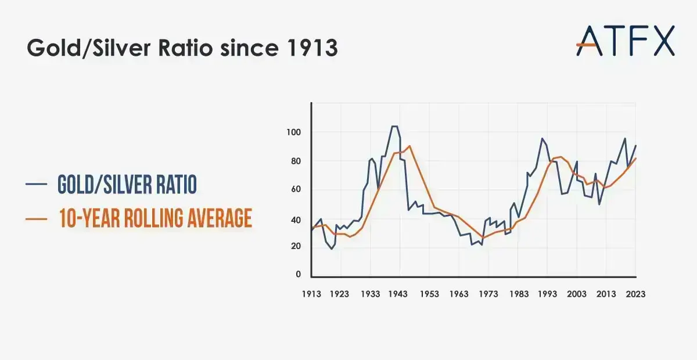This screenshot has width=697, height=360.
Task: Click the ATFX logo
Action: pos(626,40)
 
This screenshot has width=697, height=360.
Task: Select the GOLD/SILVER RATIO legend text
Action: pos(127,185)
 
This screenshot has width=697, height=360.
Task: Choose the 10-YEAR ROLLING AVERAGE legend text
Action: pos(155,218)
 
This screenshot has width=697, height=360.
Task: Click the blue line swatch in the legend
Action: pos(36,185)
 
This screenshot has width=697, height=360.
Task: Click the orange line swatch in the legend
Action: pos(36,218)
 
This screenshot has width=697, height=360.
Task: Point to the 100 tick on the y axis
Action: pos(293,132)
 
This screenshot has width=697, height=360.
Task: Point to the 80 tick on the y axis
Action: pos(295,161)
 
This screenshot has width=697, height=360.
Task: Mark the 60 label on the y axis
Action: pos(295,189)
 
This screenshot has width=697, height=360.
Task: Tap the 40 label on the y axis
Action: pos(295,220)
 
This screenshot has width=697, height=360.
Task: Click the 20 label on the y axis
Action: pos(295,246)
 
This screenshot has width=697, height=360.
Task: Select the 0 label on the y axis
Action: pos(298,274)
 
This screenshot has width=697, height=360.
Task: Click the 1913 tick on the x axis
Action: pos(311,294)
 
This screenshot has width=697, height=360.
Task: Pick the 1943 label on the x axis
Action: pos(398,294)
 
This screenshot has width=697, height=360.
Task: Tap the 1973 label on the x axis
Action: pos(488,294)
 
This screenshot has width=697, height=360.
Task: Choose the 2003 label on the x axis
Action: pos(576,294)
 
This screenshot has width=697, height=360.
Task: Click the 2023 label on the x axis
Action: pos(635,294)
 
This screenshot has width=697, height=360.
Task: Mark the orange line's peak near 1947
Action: pos(409,146)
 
